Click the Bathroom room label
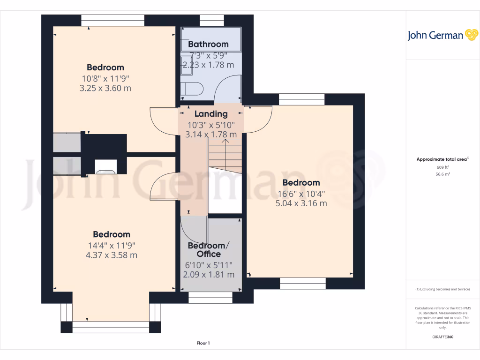click(208, 44)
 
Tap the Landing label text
click(211, 113)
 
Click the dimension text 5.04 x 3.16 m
click(301, 203)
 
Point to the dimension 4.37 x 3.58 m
click(111, 255)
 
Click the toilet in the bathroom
click(192, 89)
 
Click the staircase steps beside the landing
click(225, 155)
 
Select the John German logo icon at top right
click(471, 35)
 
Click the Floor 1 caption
click(203, 344)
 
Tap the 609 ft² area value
click(442, 167)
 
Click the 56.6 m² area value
click(442, 174)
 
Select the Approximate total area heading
click(442, 159)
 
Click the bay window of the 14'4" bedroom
click(111, 323)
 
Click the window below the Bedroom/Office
click(210, 297)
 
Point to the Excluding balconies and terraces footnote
click(442, 289)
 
